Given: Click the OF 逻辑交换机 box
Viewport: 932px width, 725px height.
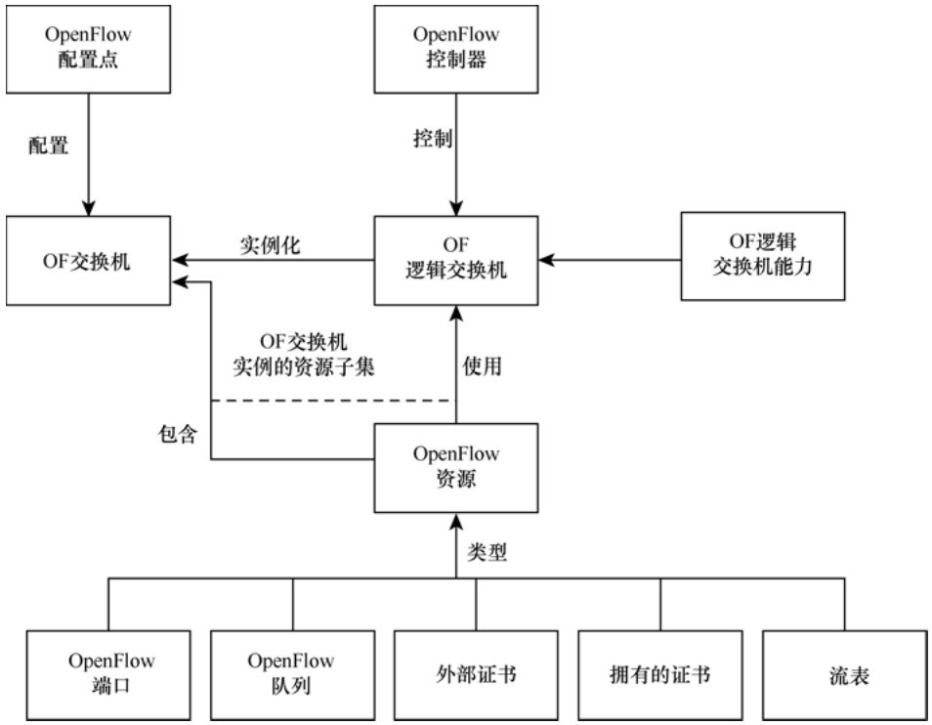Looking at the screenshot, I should [456, 258].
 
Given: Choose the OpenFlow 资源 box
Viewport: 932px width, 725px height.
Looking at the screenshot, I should [456, 467].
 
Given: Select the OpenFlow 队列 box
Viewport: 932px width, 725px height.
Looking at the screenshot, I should [292, 674].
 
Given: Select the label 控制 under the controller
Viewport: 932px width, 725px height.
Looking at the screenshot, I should [432, 139].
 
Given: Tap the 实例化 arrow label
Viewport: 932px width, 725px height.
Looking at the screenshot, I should [270, 245].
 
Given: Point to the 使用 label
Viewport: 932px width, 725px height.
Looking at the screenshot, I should [482, 367].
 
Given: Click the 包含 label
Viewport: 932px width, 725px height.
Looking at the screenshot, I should [178, 434].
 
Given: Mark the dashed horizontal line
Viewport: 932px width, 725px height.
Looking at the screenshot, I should [332, 401].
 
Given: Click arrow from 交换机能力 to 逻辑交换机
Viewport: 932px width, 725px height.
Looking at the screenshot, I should [611, 260].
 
